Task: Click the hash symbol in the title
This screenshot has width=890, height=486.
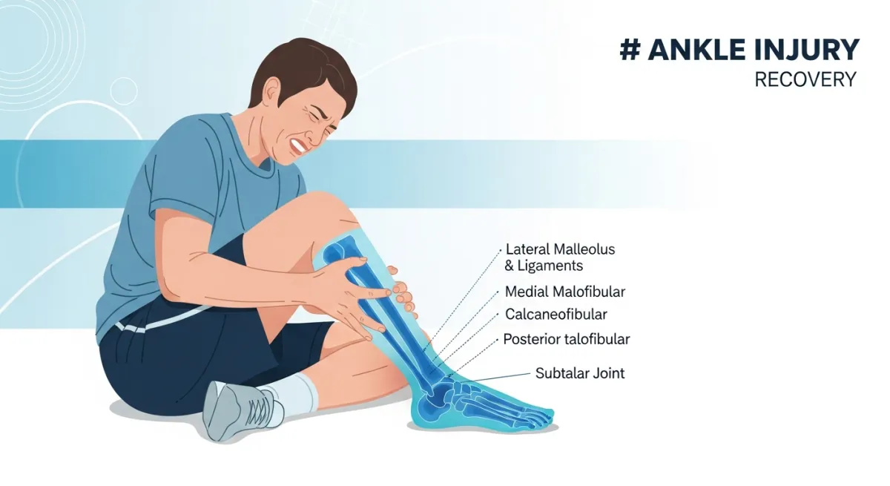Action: pos(630,50)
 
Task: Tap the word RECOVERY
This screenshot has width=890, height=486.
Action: pos(805,79)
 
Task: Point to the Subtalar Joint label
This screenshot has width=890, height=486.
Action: pos(580,373)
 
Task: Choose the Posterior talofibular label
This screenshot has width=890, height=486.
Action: pos(566,339)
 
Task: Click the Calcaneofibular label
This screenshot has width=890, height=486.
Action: pos(556,315)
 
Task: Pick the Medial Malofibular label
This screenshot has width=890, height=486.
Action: pos(565,292)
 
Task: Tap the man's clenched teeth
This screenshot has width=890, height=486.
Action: pos(298,146)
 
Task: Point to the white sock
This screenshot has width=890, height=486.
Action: pos(295,393)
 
